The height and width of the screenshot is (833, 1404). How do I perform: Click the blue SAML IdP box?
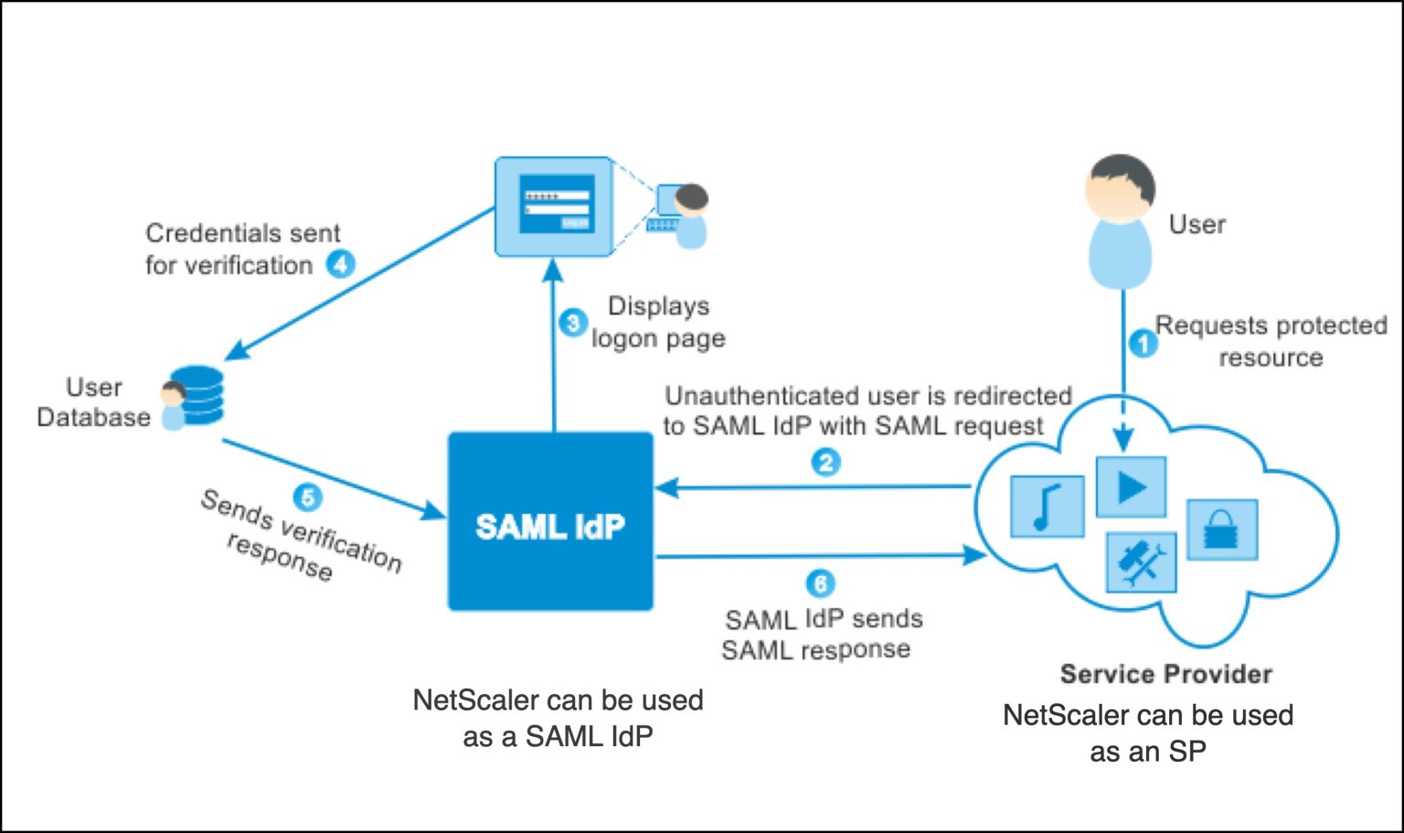tap(550, 521)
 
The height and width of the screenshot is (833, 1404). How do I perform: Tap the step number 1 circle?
tap(1143, 344)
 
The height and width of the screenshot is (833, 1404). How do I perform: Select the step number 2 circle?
tap(826, 462)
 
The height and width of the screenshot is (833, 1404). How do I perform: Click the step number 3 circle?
tap(573, 322)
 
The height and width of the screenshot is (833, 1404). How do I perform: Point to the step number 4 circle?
tap(341, 264)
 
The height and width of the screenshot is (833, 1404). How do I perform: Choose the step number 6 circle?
tap(820, 583)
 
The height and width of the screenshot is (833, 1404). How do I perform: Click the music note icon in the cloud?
tap(1047, 507)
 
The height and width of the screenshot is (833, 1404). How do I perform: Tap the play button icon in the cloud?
tap(1131, 486)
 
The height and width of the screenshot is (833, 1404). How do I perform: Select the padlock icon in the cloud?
tap(1221, 529)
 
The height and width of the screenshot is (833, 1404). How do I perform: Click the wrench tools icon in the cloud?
tap(1141, 562)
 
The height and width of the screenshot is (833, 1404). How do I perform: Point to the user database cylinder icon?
tap(199, 396)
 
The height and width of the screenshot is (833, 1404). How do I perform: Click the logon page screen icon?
tap(554, 207)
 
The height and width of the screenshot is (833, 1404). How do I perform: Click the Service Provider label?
tap(1165, 674)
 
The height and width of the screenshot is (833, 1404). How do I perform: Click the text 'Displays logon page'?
tap(658, 322)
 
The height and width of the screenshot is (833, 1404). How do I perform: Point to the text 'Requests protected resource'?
tap(1271, 341)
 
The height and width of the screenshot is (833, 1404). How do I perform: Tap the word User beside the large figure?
tap(1197, 224)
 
